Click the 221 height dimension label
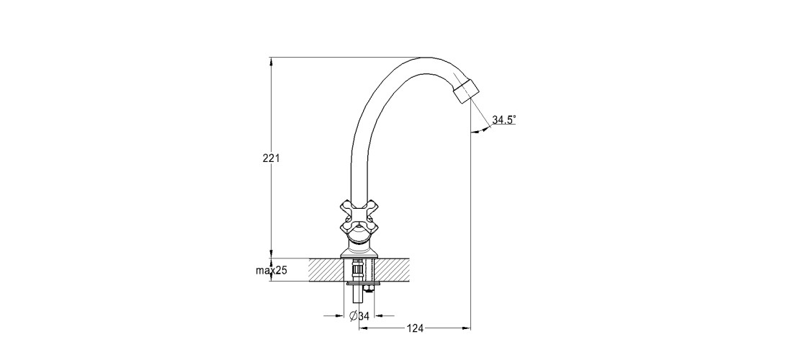(272, 158)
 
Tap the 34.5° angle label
(503, 120)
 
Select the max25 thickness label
(272, 271)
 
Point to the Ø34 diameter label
(359, 316)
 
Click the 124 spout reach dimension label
(415, 328)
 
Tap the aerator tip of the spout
(466, 91)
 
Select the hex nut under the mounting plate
(370, 288)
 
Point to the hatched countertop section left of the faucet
(326, 270)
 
